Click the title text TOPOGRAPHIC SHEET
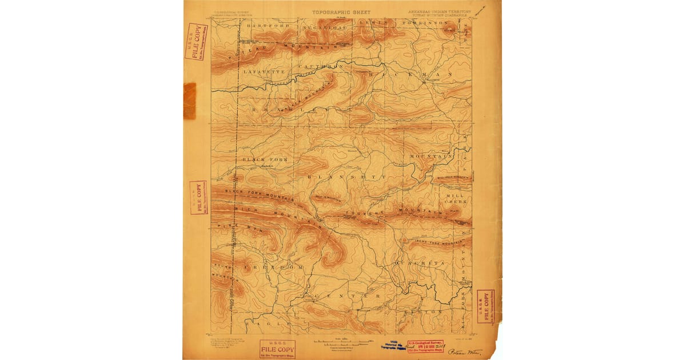point(341,12)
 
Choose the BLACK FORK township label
point(265,159)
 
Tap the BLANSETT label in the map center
point(348,177)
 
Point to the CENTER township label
point(346,296)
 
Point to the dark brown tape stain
point(190,101)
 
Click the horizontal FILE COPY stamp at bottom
point(277,348)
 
